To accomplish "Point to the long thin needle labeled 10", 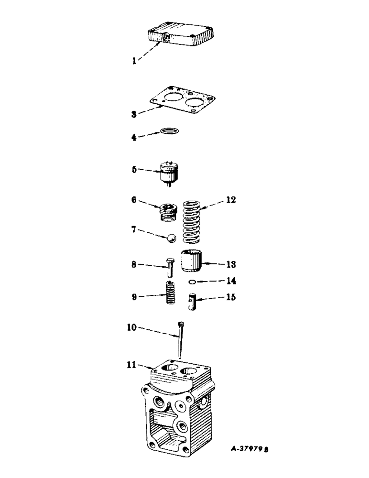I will coord(180,340).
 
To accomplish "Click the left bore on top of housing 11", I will coord(168,368).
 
